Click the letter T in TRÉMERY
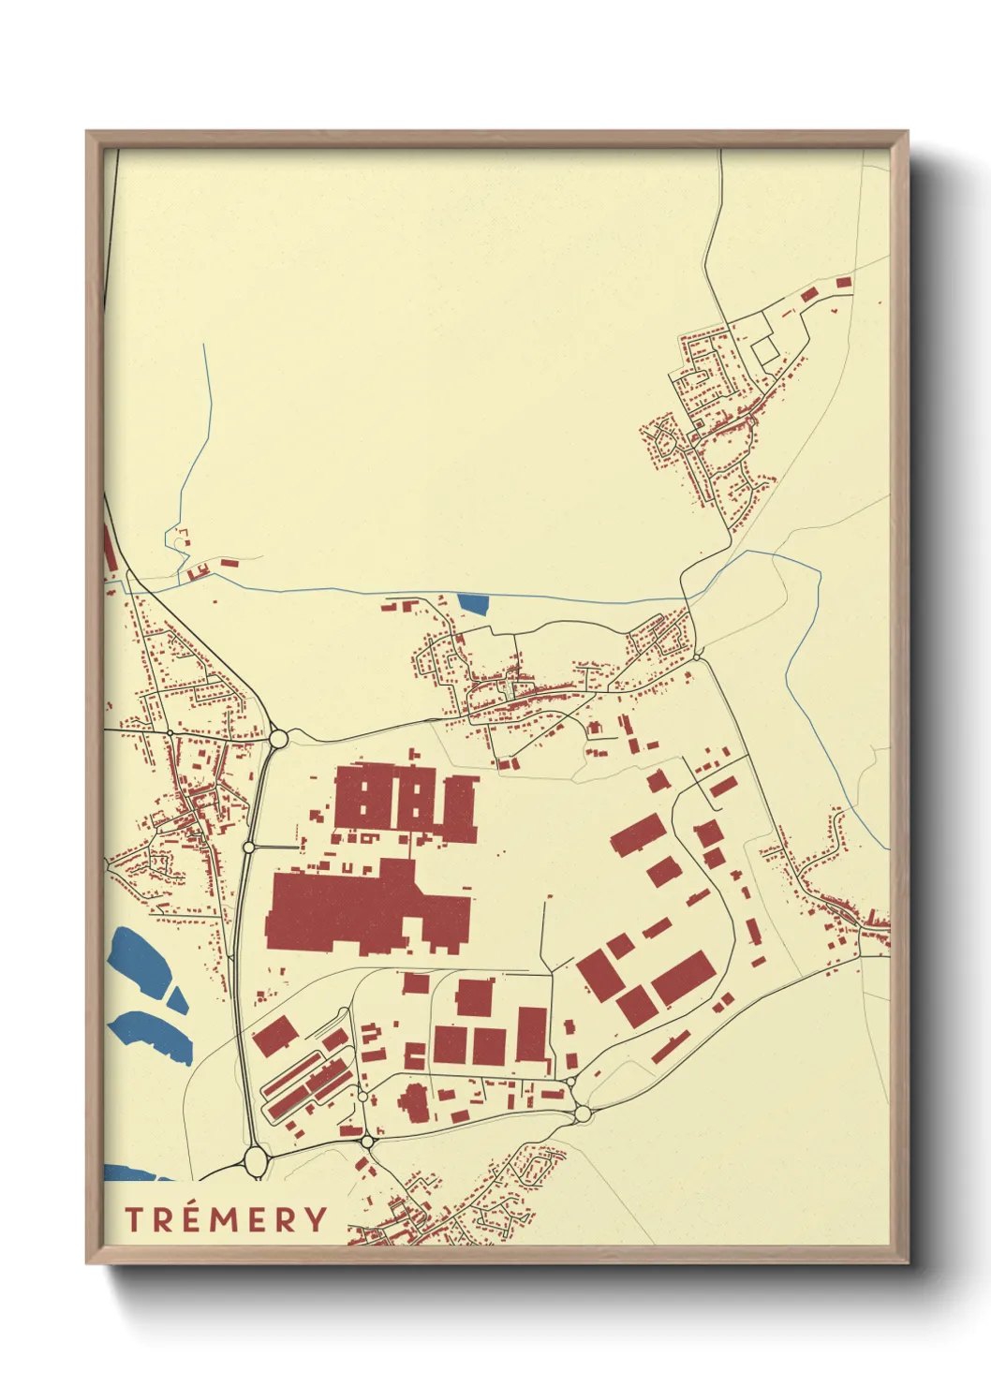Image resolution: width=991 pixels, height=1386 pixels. (x=133, y=1219)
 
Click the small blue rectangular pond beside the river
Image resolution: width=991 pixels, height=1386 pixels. (x=474, y=604)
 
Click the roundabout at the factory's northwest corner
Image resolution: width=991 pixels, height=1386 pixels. (x=278, y=739)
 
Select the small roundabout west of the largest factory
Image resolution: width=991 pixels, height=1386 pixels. (x=248, y=847)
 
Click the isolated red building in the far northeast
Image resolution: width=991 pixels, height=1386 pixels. (x=843, y=282)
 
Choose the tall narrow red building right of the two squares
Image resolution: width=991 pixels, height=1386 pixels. (x=531, y=1034)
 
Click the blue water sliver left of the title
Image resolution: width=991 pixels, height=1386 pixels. (x=131, y=1172)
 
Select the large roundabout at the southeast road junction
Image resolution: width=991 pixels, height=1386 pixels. (x=583, y=1113)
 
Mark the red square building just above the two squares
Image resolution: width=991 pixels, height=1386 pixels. (x=475, y=996)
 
